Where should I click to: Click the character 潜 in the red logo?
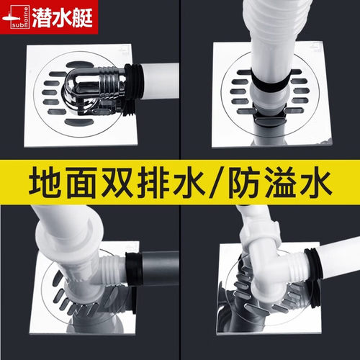point(41,17)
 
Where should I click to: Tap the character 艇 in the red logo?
point(83,17)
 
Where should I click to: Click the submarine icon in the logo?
point(11,18)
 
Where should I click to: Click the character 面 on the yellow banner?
point(82,182)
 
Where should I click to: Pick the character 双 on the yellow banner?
point(117,182)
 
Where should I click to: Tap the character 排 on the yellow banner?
point(153,182)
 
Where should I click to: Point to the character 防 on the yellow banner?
point(244,182)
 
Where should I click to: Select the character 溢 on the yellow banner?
point(280,182)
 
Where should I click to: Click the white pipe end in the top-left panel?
point(160,81)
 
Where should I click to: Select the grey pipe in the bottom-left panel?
point(161,268)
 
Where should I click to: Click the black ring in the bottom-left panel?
point(134,269)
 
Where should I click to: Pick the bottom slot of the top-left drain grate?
point(79,122)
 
